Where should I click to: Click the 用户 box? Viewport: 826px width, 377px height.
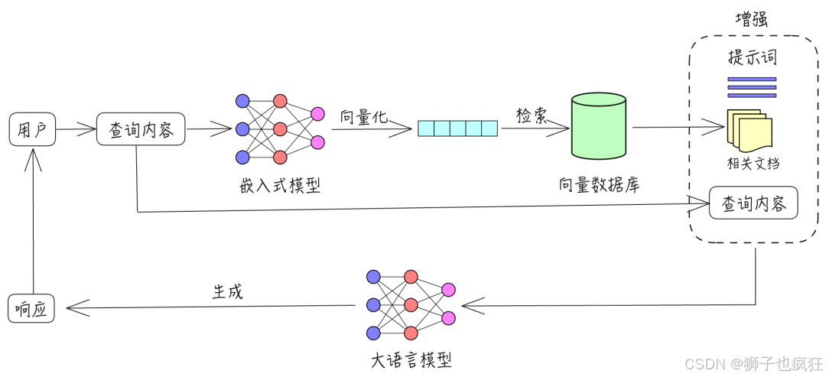pyautogui.click(x=32, y=129)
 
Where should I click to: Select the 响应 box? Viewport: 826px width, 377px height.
pyautogui.click(x=31, y=308)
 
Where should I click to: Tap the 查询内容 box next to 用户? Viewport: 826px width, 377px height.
pyautogui.click(x=141, y=129)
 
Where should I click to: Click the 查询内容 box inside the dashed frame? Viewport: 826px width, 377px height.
pyautogui.click(x=753, y=203)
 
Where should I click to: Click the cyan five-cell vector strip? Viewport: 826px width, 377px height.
pyautogui.click(x=457, y=128)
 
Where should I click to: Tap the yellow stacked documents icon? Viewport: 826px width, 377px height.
pyautogui.click(x=747, y=130)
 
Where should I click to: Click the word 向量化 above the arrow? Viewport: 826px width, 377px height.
pyautogui.click(x=364, y=116)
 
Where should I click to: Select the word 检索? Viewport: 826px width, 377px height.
pyautogui.click(x=532, y=115)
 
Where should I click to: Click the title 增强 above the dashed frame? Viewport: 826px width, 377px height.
pyautogui.click(x=751, y=19)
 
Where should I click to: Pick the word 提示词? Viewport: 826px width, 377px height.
pyautogui.click(x=752, y=58)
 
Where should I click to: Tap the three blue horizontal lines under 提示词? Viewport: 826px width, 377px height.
pyautogui.click(x=752, y=87)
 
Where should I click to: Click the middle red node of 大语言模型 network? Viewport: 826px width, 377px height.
pyautogui.click(x=411, y=305)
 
